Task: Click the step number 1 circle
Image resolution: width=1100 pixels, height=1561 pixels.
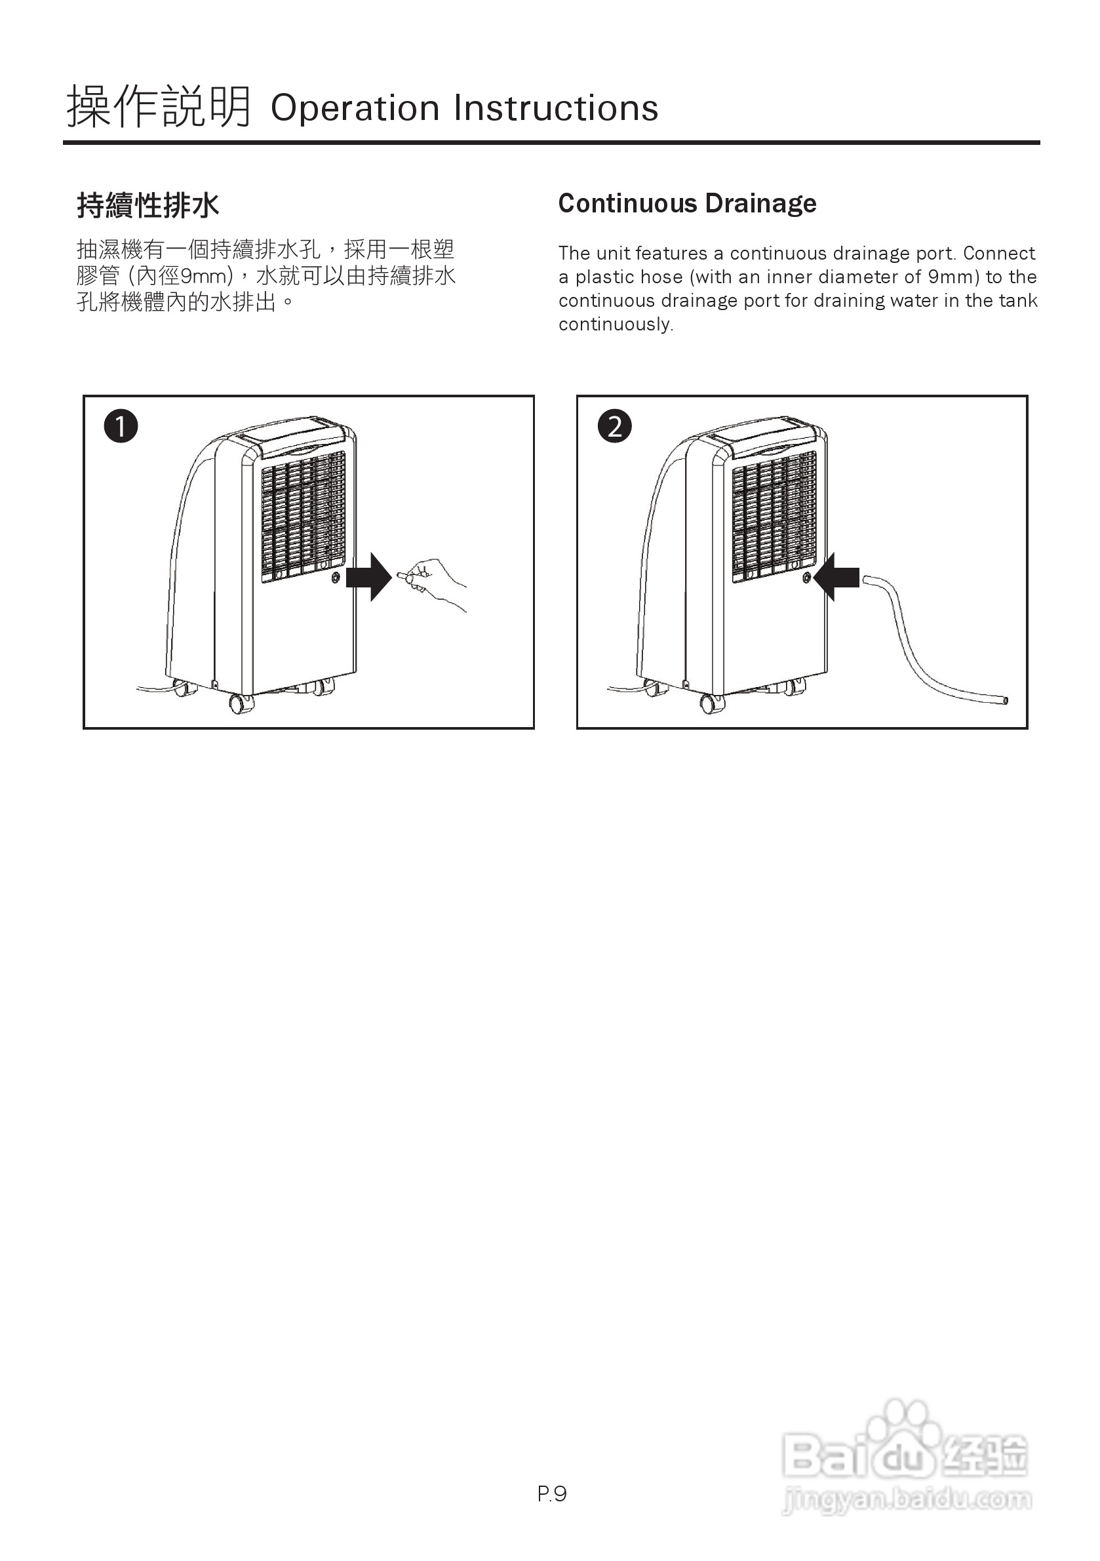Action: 121,426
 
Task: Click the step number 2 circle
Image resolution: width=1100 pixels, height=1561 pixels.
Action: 615,426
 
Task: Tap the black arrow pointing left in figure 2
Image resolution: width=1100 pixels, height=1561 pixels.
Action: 836,576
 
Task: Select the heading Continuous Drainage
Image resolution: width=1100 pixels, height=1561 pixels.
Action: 687,203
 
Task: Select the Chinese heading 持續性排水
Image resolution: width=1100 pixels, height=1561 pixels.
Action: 148,205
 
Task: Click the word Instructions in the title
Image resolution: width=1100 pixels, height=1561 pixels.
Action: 556,108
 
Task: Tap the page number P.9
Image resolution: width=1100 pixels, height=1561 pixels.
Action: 551,1493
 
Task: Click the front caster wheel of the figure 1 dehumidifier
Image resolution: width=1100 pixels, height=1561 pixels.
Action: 239,703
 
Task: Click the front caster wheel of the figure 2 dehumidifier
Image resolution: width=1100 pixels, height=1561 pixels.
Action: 711,703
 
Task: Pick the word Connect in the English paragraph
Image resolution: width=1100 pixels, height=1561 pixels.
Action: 998,253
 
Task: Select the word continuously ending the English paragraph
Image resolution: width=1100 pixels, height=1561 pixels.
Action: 616,325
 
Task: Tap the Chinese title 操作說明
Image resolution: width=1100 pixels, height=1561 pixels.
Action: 159,108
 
